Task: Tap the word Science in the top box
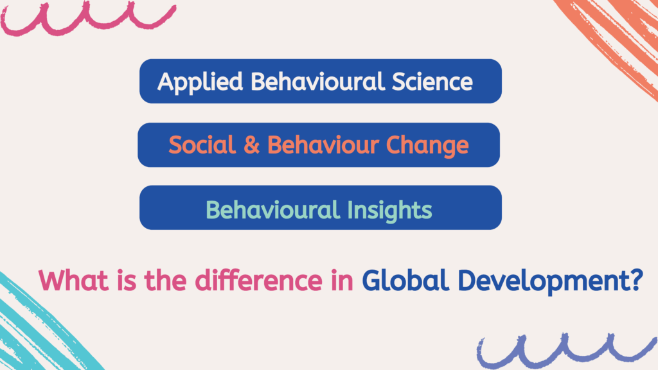432,81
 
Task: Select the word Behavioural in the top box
317,81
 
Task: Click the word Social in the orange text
202,145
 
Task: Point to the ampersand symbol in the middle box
252,145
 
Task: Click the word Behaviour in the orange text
323,145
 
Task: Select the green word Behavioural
272,209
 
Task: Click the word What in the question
74,280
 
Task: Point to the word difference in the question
258,280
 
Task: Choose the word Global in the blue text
405,280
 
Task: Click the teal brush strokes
42,327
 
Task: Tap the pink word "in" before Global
342,281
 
